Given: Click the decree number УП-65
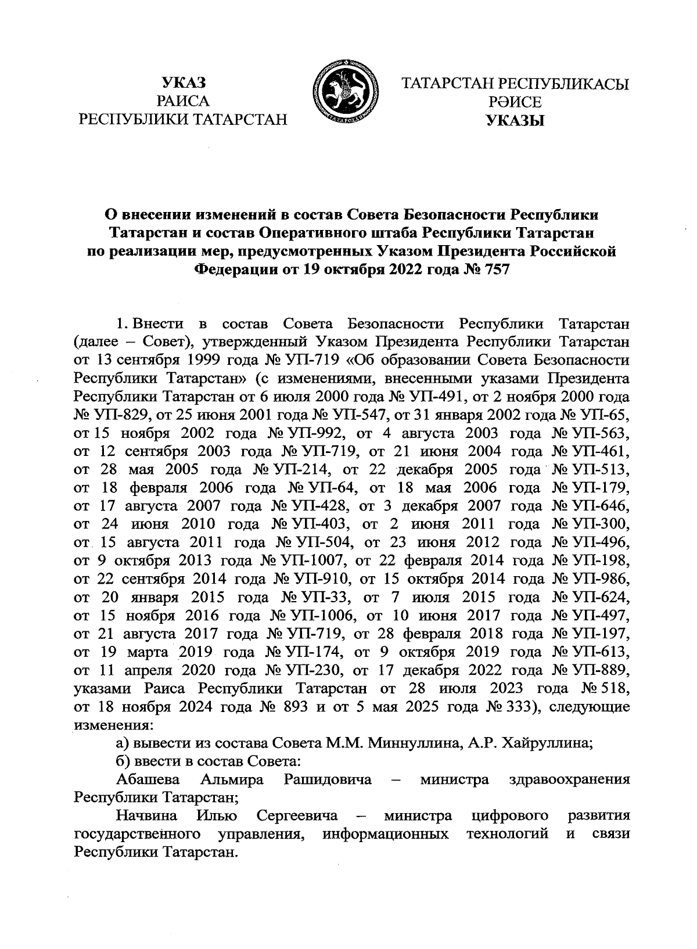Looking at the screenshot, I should click(604, 416).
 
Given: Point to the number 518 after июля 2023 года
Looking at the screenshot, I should click(615, 689).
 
